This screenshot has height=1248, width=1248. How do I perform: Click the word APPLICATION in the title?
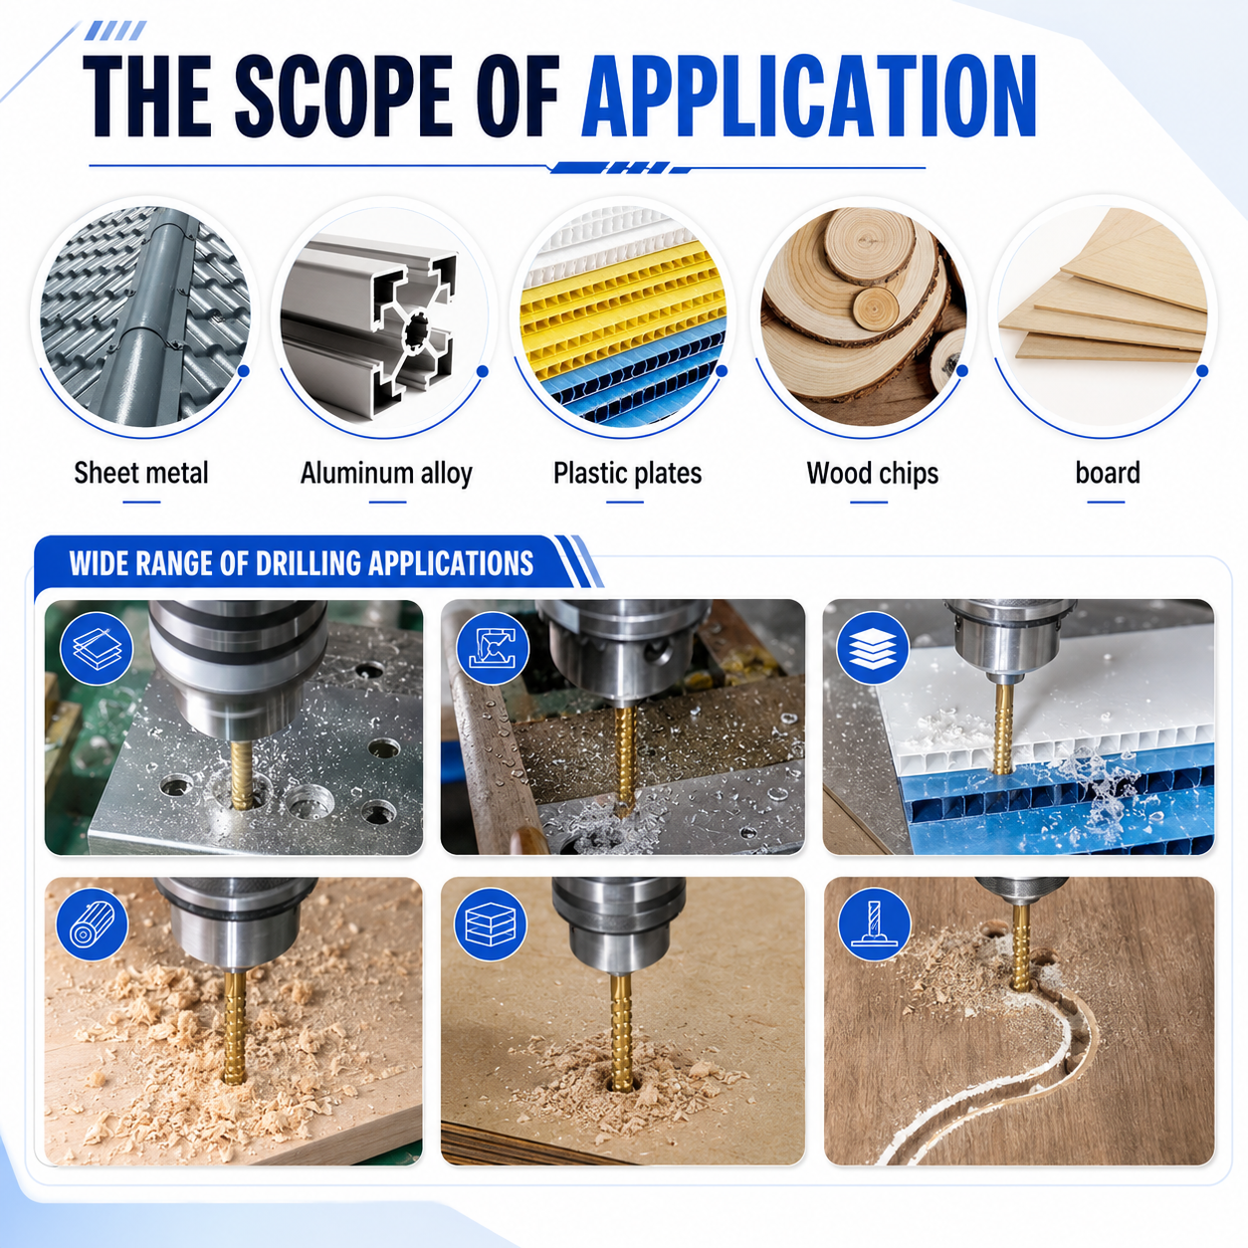click(809, 97)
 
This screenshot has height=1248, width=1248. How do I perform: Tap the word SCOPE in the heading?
click(342, 97)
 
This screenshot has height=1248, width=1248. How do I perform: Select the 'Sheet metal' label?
click(141, 473)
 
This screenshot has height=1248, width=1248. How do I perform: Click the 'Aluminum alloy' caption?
click(386, 474)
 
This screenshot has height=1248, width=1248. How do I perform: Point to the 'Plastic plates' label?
click(627, 474)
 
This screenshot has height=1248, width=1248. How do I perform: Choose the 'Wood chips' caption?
click(873, 474)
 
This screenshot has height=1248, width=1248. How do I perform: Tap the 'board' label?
click(1108, 473)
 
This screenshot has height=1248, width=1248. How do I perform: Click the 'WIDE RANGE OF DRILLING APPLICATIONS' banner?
click(302, 563)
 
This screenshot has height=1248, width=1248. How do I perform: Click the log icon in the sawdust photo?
click(93, 925)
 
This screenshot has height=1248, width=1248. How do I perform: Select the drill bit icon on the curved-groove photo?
click(875, 923)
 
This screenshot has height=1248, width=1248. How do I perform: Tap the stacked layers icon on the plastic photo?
click(873, 648)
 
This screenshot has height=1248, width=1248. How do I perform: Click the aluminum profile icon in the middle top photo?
click(493, 649)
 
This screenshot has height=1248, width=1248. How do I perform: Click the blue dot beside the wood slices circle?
click(962, 371)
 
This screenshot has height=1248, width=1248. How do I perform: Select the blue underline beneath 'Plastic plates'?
click(625, 502)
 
